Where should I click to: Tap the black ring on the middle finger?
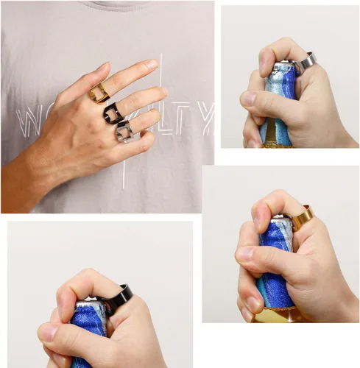(x=113, y=113)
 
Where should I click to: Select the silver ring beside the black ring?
(x=124, y=132)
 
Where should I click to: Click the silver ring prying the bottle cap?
(x=304, y=62)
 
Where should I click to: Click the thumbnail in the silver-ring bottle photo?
(x=249, y=98)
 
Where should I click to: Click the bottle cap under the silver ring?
(x=282, y=68)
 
